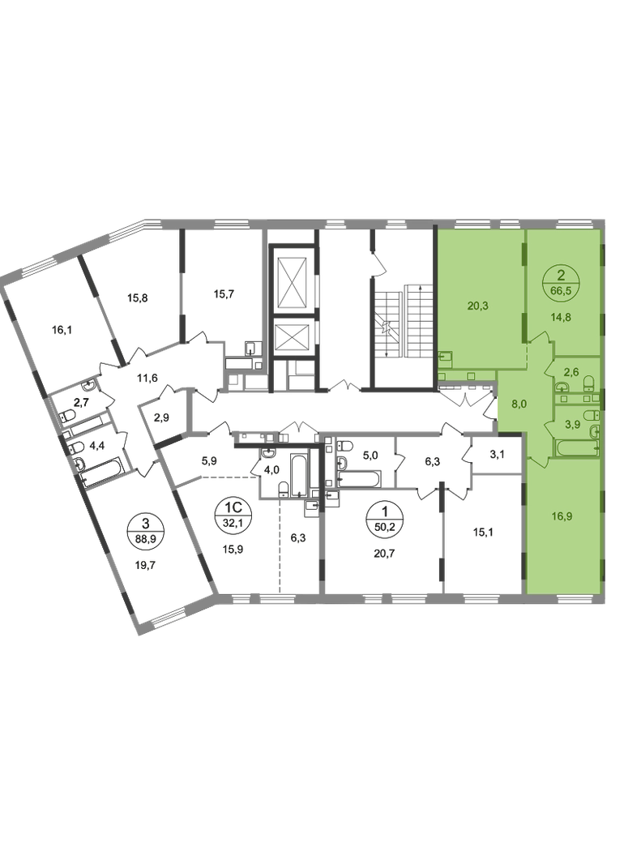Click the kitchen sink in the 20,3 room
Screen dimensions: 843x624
tap(445, 357)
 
